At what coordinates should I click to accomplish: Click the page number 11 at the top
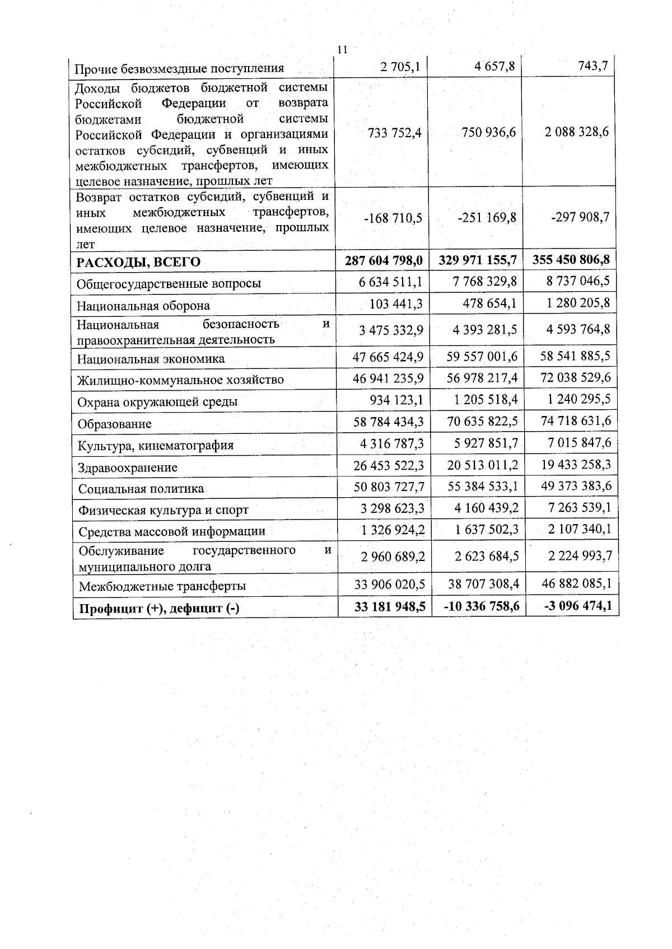[343, 50]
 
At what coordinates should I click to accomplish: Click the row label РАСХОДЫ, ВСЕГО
[138, 262]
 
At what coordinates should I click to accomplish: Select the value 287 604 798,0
[384, 260]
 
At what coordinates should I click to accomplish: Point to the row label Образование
[114, 424]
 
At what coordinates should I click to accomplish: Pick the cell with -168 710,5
[393, 218]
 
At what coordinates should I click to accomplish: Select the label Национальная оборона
[143, 306]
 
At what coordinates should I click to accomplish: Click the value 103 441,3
[396, 304]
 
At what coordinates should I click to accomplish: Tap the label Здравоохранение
[128, 467]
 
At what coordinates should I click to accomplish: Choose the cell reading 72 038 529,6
[576, 377]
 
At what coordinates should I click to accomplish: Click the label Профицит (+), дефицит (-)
[159, 609]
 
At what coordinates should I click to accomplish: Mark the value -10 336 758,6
[480, 606]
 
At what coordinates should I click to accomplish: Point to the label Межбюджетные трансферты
[162, 586]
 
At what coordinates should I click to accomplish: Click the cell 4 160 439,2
[483, 508]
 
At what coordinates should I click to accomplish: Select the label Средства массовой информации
[172, 531]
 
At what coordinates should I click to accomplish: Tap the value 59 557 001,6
[482, 357]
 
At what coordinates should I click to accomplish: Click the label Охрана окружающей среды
[157, 401]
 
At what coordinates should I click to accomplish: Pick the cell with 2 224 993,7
[576, 555]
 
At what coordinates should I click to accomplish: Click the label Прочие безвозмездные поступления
[180, 68]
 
